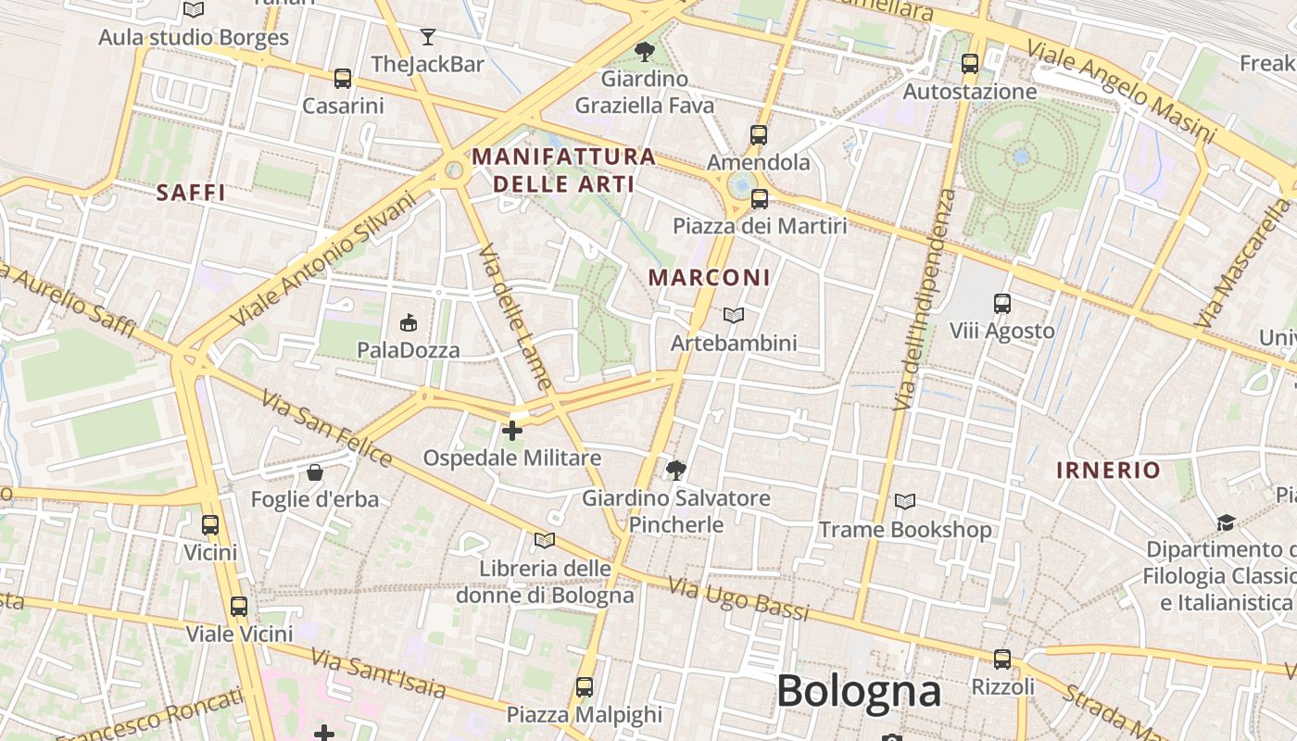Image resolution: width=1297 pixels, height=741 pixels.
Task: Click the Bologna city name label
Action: [x=859, y=691]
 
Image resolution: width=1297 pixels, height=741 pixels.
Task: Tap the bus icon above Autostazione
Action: [x=970, y=64]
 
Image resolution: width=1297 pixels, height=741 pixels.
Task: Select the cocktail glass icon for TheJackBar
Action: [x=427, y=37]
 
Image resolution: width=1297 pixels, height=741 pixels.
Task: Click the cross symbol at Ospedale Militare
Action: [x=511, y=431]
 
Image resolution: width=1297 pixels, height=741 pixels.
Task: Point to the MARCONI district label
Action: [x=709, y=277]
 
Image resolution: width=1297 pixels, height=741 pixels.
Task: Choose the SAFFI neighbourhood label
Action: [x=191, y=193]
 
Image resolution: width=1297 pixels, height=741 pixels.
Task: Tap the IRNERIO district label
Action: [x=1108, y=470]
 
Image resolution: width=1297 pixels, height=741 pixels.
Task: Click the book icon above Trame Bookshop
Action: [x=905, y=502]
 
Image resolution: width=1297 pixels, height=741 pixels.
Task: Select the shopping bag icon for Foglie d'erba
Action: [x=315, y=472]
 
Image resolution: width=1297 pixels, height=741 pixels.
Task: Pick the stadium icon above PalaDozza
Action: [x=408, y=322]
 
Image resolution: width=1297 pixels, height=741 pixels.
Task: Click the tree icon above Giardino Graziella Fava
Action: [x=644, y=52]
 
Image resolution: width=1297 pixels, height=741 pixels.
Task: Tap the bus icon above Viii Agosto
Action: [x=1001, y=304]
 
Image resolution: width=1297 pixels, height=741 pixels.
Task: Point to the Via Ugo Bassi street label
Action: [x=738, y=599]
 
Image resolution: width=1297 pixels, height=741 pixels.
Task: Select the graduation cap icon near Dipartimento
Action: [x=1226, y=523]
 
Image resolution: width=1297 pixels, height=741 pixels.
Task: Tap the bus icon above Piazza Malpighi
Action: [x=584, y=687]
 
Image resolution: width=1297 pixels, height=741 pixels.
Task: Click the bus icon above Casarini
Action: [x=343, y=79]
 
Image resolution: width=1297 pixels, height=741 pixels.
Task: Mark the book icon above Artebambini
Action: [x=733, y=317]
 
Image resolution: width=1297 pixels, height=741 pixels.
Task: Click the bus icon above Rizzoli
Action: [x=1001, y=659]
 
